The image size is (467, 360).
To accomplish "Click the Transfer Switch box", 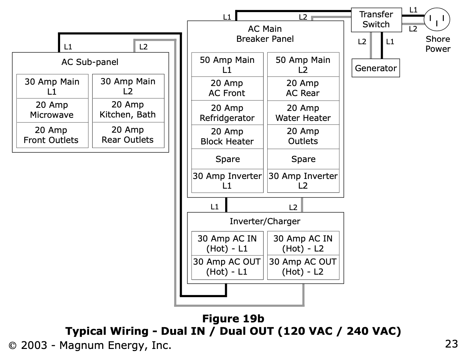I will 376,20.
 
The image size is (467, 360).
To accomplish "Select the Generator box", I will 375,68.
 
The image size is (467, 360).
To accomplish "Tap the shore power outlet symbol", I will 437,19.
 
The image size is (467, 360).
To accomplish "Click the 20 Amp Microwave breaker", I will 52,110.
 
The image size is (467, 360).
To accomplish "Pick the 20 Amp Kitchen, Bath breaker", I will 128,110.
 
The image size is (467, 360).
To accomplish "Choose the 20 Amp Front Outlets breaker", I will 51,135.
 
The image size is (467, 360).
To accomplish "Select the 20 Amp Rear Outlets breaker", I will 128,135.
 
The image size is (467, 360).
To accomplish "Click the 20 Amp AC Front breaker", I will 227,88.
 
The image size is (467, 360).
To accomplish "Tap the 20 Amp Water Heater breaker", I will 303,113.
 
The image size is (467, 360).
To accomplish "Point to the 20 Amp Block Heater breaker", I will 227,137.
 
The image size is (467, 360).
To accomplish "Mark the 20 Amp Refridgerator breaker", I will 227,113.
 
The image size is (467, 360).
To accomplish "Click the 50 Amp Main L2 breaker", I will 303,65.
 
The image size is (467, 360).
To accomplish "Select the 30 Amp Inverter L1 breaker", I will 227,181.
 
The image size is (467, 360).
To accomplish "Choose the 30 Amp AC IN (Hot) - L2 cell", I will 303,243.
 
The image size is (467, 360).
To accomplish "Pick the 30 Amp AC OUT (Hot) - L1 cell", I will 227,267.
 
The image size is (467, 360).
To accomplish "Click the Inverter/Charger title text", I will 265,221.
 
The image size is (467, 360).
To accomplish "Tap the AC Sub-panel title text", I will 90,62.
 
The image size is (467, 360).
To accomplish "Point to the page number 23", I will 451,344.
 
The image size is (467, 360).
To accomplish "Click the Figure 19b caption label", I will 233,319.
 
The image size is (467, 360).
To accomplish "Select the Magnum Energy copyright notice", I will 90,345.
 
